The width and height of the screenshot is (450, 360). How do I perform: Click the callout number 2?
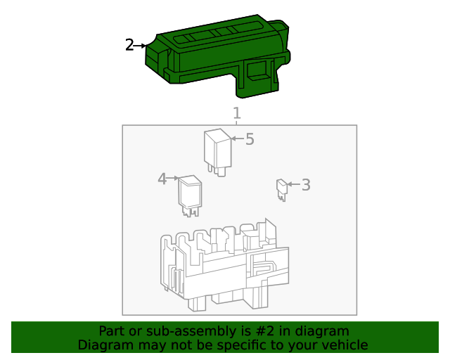click(129, 45)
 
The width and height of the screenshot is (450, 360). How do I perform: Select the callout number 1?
click(237, 113)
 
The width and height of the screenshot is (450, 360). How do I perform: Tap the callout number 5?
click(249, 139)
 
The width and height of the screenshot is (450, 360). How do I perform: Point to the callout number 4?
click(162, 179)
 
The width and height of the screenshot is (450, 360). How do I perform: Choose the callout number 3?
click(305, 185)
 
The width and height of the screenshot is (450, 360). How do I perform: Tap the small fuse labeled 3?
click(282, 188)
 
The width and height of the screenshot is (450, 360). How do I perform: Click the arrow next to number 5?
click(236, 139)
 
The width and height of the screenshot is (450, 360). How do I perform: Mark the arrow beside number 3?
click(294, 185)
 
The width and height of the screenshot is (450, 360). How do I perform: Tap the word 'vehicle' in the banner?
click(344, 345)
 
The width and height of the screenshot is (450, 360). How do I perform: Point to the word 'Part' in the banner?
click(111, 331)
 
